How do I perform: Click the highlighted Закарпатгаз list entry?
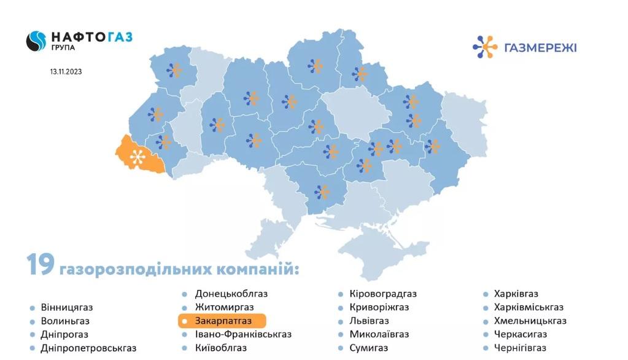click(x=222, y=321)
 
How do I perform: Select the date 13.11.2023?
click(x=66, y=71)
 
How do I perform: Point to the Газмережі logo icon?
click(x=485, y=47)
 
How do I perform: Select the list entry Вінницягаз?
click(x=67, y=307)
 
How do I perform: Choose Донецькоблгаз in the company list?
click(x=231, y=294)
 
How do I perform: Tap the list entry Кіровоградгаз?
click(x=382, y=294)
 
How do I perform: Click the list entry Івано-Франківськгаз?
click(x=243, y=334)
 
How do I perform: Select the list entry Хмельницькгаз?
click(x=530, y=321)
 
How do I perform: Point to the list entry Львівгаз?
click(x=369, y=321)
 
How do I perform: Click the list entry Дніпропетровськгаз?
click(x=89, y=348)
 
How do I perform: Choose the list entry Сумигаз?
click(x=368, y=348)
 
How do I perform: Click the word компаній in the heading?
click(x=258, y=269)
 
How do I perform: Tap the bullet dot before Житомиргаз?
click(x=184, y=307)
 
